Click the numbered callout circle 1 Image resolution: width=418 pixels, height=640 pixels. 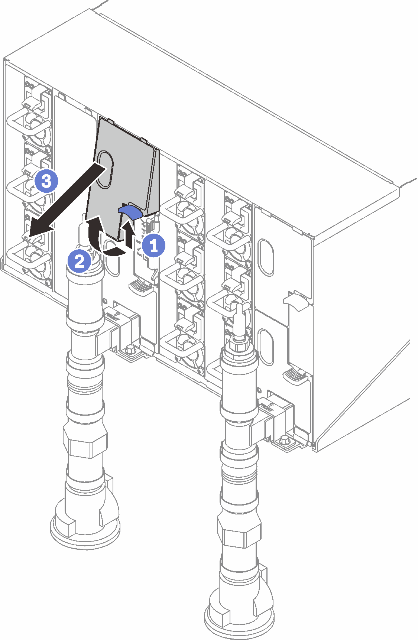(x=153, y=246)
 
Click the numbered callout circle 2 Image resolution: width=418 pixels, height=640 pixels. (x=79, y=262)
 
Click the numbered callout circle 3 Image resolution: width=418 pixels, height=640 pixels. (x=47, y=182)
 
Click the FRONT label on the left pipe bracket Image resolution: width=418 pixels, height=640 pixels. (x=111, y=316)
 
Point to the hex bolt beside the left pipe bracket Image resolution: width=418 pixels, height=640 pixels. (x=130, y=349)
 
